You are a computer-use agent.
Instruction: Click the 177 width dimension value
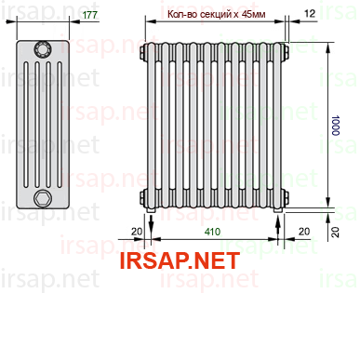(90, 15)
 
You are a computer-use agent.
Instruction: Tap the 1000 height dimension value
(335, 126)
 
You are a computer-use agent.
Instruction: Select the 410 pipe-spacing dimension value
(212, 232)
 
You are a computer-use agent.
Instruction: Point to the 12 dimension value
(310, 13)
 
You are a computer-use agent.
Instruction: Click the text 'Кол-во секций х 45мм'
(217, 14)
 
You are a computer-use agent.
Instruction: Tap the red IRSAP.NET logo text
(180, 260)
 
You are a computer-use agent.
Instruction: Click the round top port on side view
(43, 49)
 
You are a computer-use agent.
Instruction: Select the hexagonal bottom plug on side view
(43, 198)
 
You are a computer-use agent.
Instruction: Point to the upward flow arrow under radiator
(278, 226)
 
